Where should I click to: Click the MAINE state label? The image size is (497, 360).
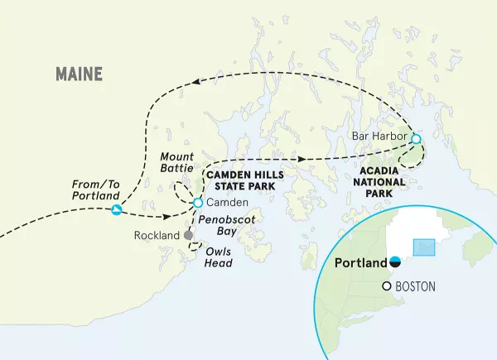(x=80, y=74)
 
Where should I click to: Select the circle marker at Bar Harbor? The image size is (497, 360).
(x=416, y=138)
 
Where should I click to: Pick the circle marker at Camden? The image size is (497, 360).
(x=198, y=203)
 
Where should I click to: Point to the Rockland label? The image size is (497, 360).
(x=157, y=236)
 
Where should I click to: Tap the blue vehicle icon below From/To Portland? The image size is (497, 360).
(x=116, y=210)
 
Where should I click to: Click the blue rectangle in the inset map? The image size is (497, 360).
(x=423, y=247)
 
